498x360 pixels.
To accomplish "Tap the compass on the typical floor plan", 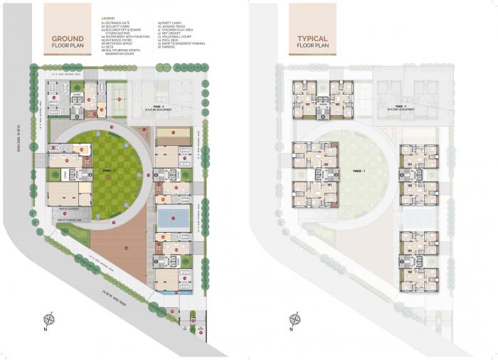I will pyautogui.click(x=292, y=319).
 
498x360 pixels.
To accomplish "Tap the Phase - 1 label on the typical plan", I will pyautogui.click(x=356, y=171).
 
